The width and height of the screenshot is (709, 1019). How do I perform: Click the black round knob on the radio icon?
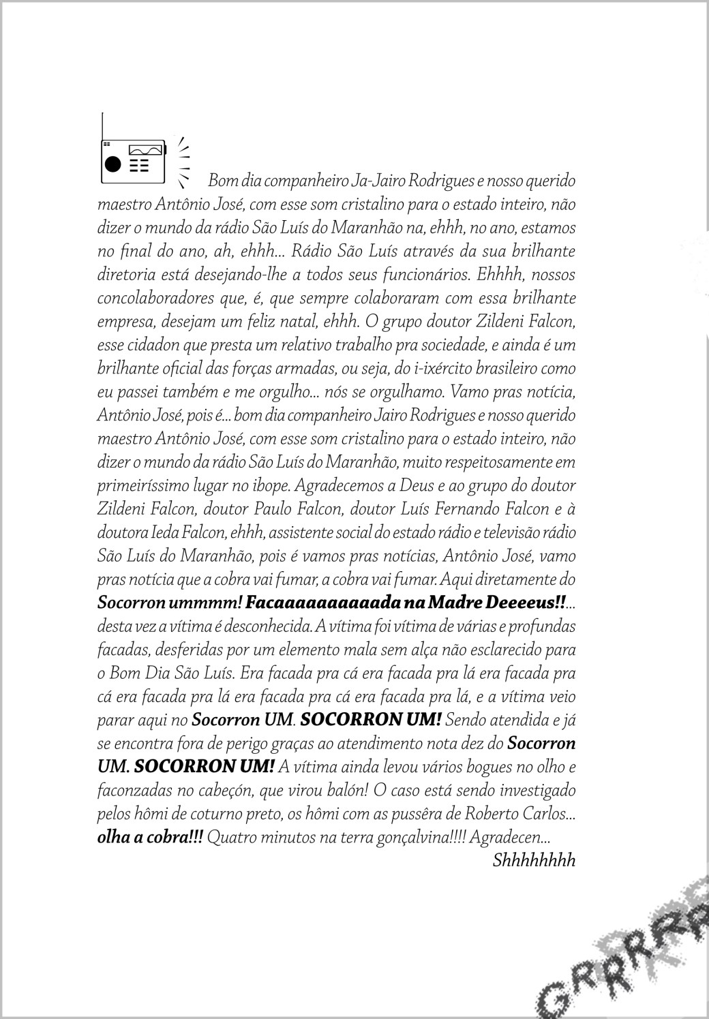(112, 165)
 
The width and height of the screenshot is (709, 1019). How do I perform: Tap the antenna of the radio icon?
(102, 125)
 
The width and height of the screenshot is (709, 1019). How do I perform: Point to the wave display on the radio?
(146, 149)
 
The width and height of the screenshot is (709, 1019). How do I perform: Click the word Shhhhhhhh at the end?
(534, 860)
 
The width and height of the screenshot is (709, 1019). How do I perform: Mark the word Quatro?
(231, 837)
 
